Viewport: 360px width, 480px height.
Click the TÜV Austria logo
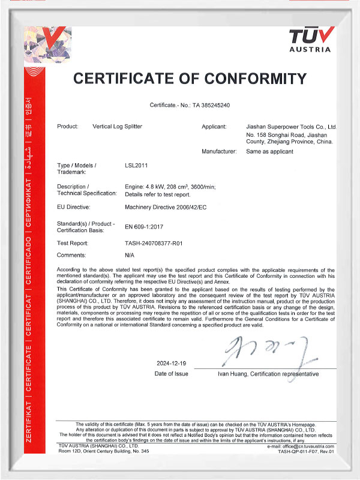[x=310, y=40]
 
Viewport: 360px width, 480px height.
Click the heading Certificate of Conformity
[x=190, y=79]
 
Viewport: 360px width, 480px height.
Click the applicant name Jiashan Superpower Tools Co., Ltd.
[x=292, y=127]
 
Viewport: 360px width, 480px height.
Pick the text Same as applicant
[x=270, y=152]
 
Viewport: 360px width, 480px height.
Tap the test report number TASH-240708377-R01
[x=157, y=244]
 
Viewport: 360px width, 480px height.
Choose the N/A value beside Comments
[x=130, y=255]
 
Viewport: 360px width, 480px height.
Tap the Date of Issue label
[x=171, y=374]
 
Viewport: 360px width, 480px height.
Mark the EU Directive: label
[x=73, y=207]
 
